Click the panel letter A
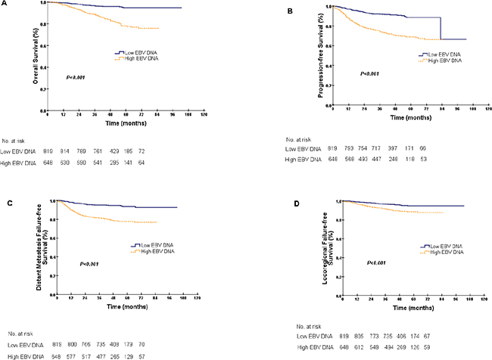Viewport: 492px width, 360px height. click(x=4, y=4)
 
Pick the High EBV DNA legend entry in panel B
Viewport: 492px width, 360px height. click(x=441, y=60)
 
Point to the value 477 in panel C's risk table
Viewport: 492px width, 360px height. click(x=119, y=354)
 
